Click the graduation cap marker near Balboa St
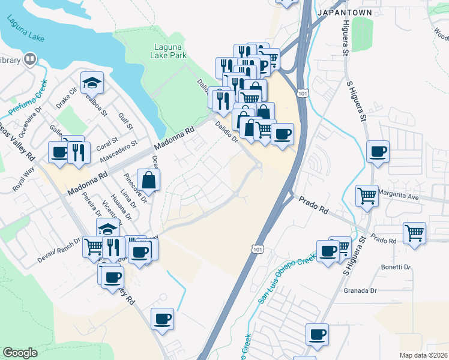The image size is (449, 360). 92,83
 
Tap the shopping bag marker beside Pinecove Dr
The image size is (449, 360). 148,179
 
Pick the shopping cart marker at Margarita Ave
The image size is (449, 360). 367,195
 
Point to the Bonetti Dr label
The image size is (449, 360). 396,267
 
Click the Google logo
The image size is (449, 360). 20,353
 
